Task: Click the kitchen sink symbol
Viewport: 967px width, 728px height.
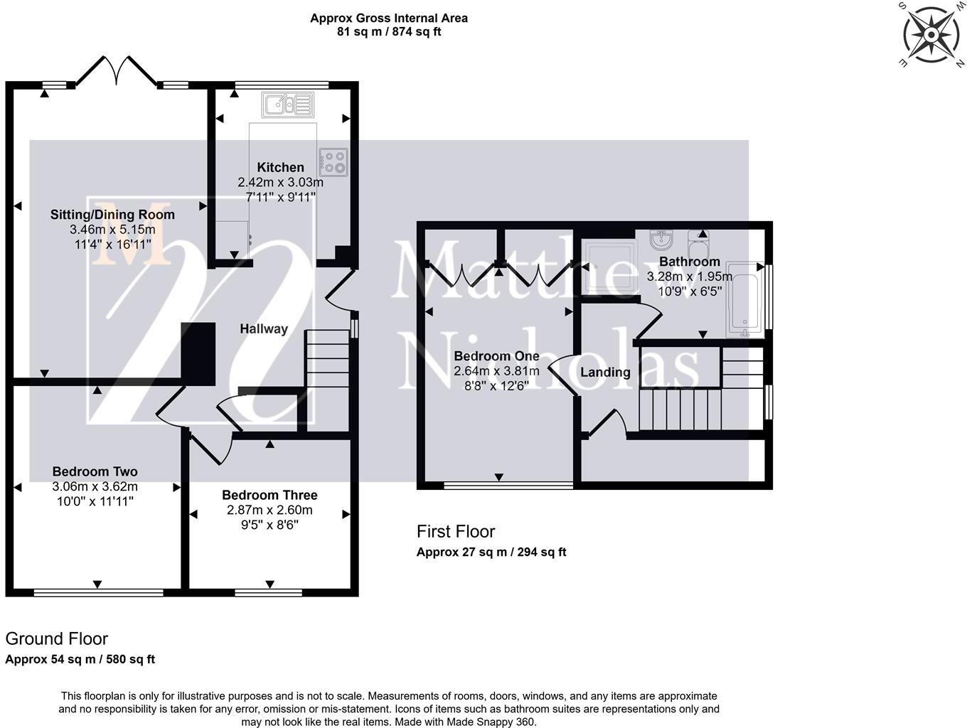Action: click(x=287, y=105)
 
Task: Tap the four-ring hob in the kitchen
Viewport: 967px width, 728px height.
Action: click(x=333, y=162)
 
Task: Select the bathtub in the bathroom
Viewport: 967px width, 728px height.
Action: click(x=744, y=300)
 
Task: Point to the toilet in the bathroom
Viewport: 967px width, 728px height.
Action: click(x=698, y=244)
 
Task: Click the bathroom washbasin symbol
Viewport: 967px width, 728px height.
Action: click(x=661, y=239)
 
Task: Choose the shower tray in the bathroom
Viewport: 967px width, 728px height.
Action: click(x=609, y=267)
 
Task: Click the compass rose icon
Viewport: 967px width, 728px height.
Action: click(x=931, y=35)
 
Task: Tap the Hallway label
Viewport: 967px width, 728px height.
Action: click(x=264, y=329)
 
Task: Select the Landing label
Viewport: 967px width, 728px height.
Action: click(x=605, y=372)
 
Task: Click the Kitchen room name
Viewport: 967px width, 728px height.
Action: click(x=281, y=167)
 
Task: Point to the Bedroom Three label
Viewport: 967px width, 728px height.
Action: click(x=269, y=495)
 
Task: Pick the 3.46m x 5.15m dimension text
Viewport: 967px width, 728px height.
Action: click(x=112, y=230)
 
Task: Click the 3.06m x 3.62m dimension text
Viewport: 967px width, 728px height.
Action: click(x=95, y=487)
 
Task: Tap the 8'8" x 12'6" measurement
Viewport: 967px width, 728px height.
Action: click(x=496, y=386)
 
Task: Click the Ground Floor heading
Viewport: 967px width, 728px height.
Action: click(x=56, y=638)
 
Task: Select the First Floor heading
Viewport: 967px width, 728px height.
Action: click(x=456, y=532)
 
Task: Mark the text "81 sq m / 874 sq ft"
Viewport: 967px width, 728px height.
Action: click(x=389, y=32)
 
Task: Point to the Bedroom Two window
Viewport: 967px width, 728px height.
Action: click(x=99, y=593)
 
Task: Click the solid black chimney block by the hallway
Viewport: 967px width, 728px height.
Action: click(x=198, y=354)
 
